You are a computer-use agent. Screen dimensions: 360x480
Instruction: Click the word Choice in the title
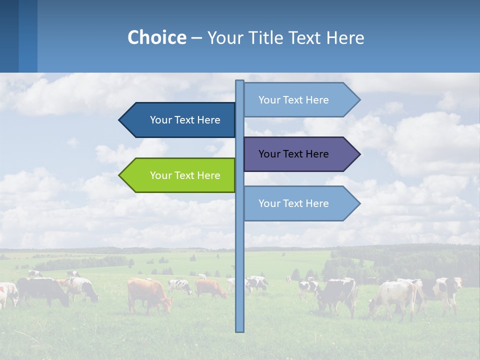click(x=156, y=37)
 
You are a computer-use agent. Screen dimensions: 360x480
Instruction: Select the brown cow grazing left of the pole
click(x=147, y=294)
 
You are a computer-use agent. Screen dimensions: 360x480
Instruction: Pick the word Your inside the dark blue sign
click(x=160, y=120)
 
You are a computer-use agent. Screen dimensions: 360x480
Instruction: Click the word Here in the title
click(x=345, y=37)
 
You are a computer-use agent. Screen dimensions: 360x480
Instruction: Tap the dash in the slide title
click(x=196, y=38)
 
